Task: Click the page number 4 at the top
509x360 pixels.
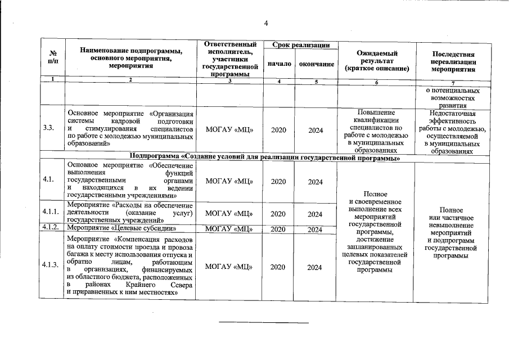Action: coord(266,22)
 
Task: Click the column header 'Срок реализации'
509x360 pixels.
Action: coord(296,44)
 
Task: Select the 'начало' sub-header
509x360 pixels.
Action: coord(280,64)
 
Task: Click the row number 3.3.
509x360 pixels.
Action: coord(48,130)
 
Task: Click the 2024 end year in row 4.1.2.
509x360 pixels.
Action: coord(315,229)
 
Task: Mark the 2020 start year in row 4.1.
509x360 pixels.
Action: coord(278,181)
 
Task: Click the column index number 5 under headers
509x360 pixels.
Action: coord(316,82)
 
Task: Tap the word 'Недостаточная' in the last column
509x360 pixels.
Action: coord(452,113)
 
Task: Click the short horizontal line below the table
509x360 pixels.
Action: coord(263,323)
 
